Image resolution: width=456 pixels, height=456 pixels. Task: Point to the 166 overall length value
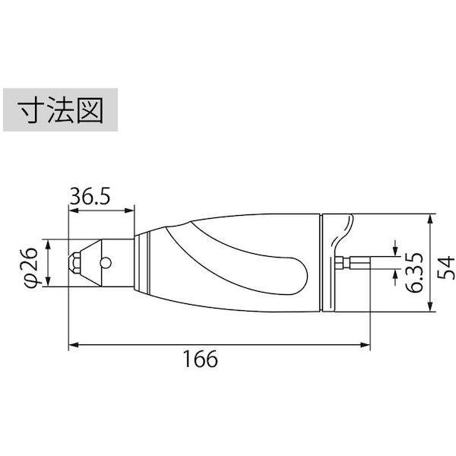click(201, 359)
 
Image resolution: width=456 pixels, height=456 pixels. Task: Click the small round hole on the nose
click(105, 264)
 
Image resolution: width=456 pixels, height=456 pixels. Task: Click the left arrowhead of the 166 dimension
click(73, 346)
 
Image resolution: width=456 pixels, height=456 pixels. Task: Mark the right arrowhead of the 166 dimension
click(367, 346)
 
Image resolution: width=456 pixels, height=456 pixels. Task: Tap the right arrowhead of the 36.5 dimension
click(131, 209)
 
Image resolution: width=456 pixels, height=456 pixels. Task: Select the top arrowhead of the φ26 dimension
click(50, 245)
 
